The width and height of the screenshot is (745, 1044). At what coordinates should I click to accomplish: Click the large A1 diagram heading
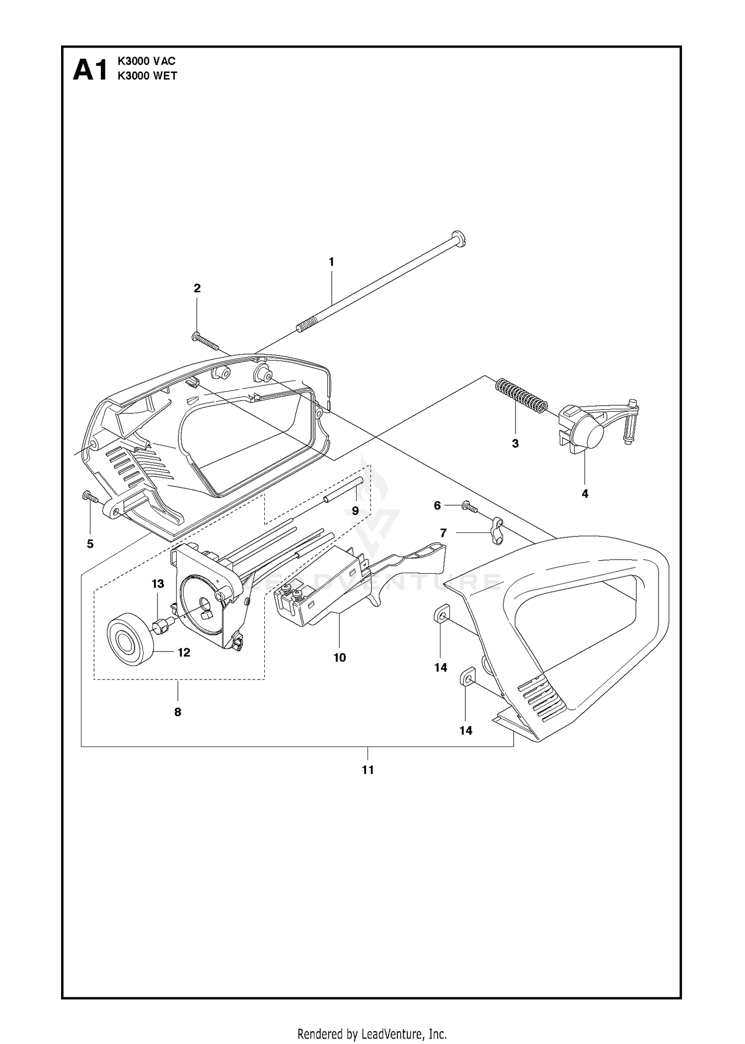tap(90, 70)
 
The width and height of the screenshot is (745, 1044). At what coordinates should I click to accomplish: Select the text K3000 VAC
tap(147, 61)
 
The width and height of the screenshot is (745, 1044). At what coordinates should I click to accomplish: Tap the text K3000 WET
tap(147, 76)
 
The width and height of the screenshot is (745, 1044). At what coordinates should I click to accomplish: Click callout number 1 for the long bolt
tap(331, 262)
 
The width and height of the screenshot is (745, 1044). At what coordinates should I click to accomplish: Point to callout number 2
tap(197, 288)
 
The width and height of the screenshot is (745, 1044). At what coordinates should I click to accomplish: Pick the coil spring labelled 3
tap(521, 394)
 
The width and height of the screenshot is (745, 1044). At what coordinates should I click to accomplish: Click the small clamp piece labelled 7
tap(498, 530)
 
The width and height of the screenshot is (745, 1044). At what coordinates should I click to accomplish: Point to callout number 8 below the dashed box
tap(178, 712)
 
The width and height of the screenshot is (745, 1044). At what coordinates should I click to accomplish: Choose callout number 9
tap(356, 511)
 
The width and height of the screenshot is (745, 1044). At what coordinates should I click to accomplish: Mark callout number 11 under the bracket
tap(368, 770)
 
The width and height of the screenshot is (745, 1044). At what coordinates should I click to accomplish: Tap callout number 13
tap(158, 584)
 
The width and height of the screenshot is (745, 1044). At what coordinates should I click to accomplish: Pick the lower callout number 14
tap(466, 731)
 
